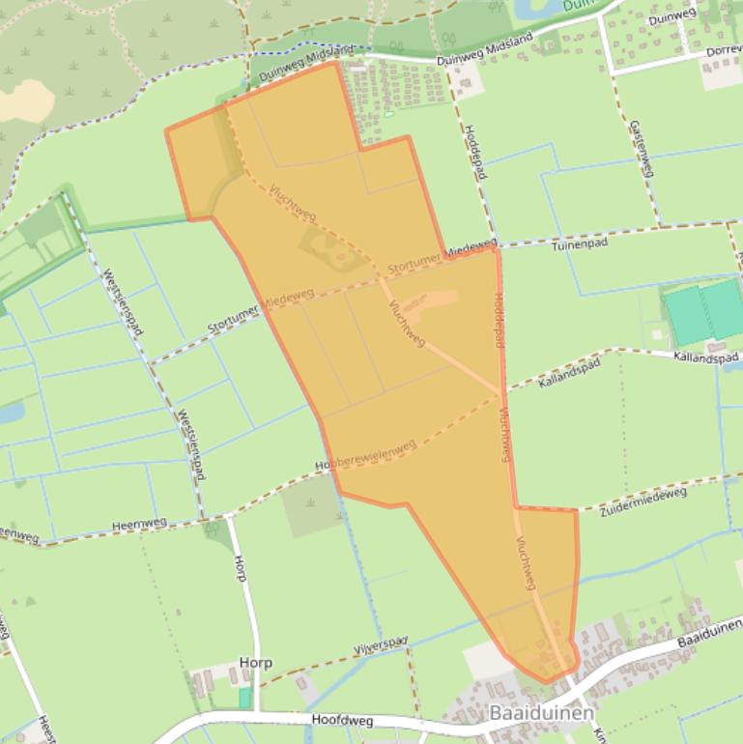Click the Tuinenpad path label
(x=580, y=245)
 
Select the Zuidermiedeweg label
(x=644, y=501)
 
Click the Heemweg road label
(x=139, y=524)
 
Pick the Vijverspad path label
(x=381, y=643)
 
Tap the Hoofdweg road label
(x=342, y=720)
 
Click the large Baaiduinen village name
(x=541, y=712)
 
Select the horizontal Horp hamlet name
(x=255, y=664)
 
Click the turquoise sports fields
(x=703, y=311)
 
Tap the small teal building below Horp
(x=244, y=697)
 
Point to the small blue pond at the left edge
(x=10, y=413)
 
